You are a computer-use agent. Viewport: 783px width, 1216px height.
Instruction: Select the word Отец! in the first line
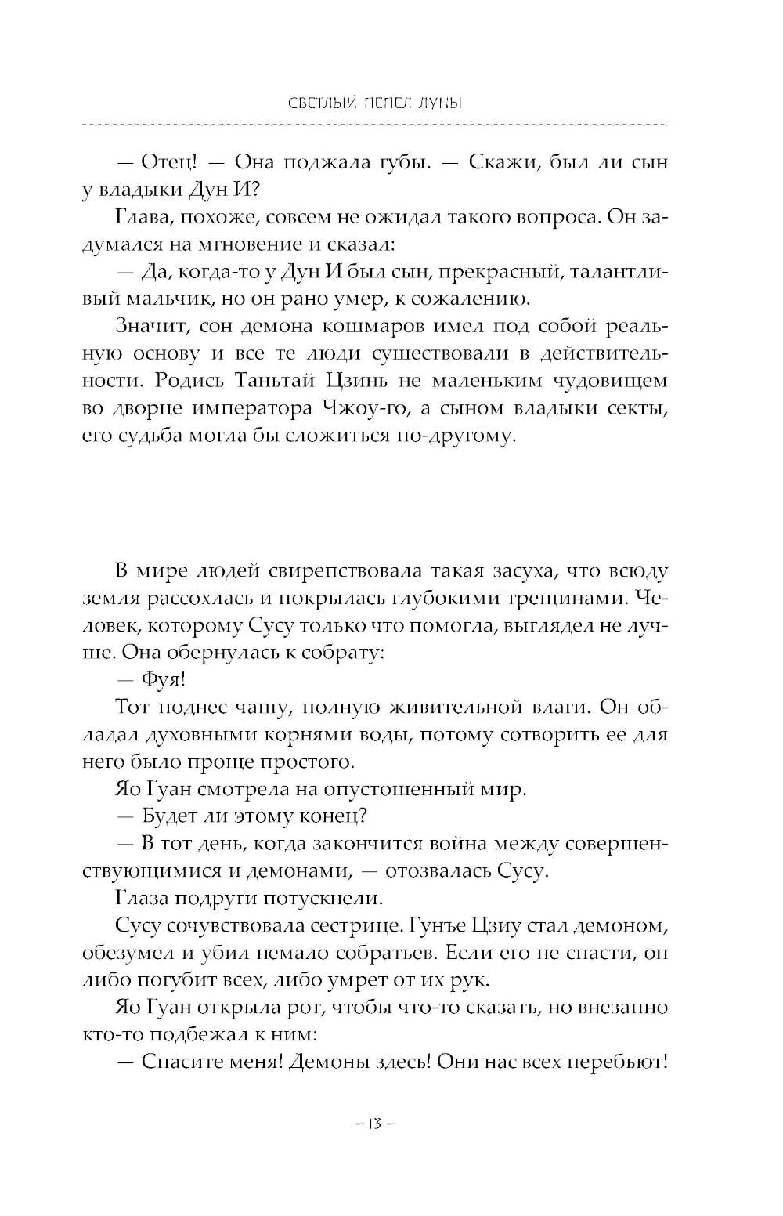168,162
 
